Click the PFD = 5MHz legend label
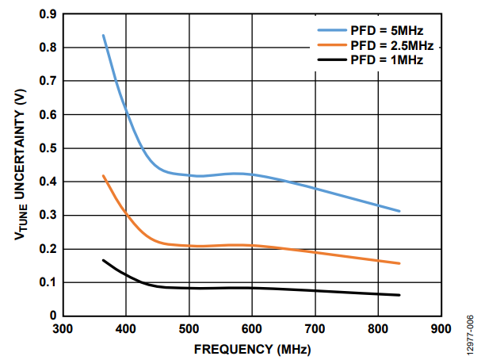coord(383,31)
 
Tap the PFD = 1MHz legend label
coord(383,60)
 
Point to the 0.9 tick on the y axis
coord(48,14)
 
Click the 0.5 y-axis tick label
coord(48,148)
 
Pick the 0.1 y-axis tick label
coord(48,282)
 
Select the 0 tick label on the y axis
coord(53,316)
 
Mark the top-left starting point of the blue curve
coord(103,36)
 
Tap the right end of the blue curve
coord(399,211)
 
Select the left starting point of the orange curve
coord(103,176)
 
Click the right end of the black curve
coord(399,295)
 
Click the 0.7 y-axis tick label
coord(48,81)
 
